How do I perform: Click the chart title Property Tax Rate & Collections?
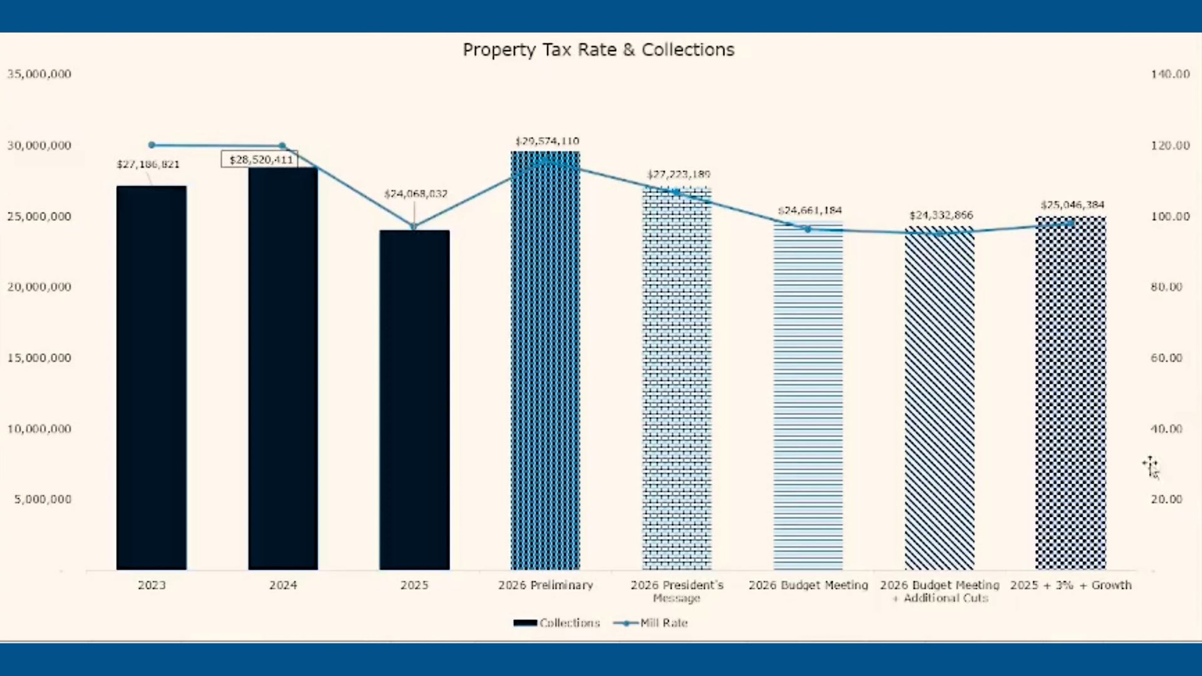598,50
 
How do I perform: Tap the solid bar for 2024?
283,369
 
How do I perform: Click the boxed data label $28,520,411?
260,160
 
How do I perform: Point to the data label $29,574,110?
547,141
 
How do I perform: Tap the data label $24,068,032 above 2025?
416,194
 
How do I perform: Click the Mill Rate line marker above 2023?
152,145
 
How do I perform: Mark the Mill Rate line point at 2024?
282,146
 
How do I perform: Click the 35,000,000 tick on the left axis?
39,74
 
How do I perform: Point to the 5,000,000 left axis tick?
43,499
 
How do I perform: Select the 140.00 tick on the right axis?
1169,74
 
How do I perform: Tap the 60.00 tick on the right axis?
1166,358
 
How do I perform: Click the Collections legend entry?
557,623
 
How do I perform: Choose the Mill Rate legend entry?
651,623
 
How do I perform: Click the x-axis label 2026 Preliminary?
545,585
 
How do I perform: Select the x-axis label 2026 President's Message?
677,591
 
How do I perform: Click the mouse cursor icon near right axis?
1151,467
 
